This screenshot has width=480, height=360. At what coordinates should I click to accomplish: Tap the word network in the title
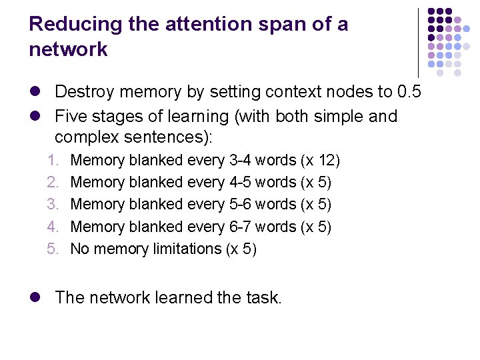(x=68, y=49)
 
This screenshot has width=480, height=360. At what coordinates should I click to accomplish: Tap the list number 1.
(x=53, y=161)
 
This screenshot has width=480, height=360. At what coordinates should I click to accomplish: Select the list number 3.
(x=53, y=205)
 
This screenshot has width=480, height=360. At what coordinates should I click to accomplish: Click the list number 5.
(x=53, y=249)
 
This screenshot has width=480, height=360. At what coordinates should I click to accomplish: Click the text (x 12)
(x=321, y=161)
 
